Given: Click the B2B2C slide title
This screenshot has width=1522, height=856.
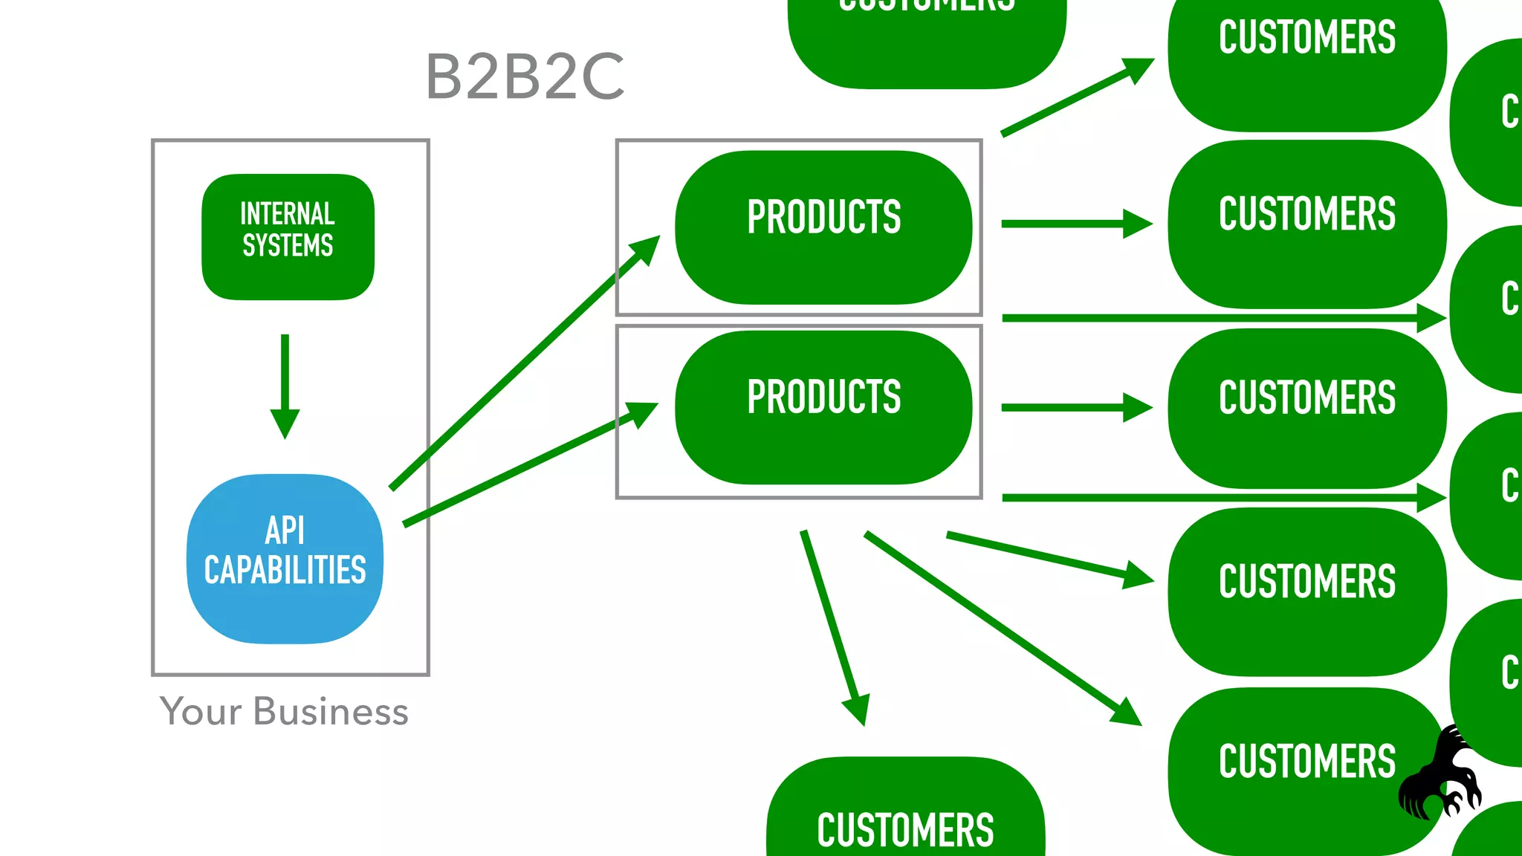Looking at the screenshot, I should [525, 77].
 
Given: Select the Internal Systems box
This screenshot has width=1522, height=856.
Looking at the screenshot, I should [288, 237].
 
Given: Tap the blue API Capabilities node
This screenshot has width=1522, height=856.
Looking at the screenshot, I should [285, 559].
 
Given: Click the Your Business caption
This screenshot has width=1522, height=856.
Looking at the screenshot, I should [284, 712].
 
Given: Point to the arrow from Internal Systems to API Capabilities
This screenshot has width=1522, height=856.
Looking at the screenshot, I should [285, 386].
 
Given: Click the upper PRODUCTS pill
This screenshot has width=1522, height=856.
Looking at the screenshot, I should [823, 227].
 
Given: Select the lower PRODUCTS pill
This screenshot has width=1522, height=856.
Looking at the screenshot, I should [823, 407].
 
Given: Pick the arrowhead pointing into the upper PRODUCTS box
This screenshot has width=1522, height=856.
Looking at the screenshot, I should [644, 250].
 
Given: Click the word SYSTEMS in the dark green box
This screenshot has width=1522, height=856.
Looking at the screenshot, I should [288, 246].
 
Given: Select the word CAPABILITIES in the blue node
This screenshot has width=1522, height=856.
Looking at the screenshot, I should [285, 571].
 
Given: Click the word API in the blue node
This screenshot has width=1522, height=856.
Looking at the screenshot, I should [285, 531].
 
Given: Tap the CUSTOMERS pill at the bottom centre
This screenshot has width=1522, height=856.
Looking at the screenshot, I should [905, 817].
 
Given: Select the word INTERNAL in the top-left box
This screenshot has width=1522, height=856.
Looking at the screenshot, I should [288, 214].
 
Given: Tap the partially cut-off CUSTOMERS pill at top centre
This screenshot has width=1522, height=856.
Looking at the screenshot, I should [927, 37].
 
